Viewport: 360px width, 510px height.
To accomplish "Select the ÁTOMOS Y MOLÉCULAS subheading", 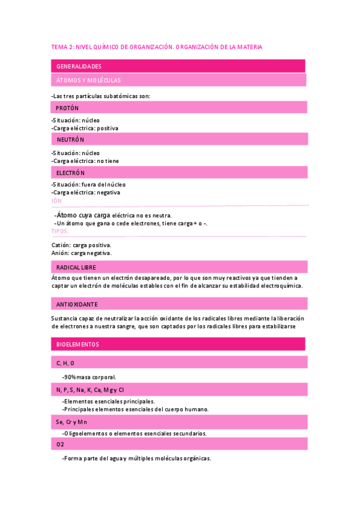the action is [x=88, y=80].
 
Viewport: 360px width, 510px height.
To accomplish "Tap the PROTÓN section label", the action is [x=67, y=108].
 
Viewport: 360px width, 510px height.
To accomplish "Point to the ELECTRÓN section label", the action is [x=71, y=173].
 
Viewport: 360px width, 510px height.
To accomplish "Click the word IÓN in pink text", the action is [x=56, y=201].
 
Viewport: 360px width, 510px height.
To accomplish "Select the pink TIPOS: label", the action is [x=60, y=231].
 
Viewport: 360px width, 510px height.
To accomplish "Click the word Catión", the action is [x=61, y=245].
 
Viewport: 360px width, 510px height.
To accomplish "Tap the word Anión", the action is [x=61, y=253].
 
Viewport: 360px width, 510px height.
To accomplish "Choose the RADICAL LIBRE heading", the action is [x=76, y=267].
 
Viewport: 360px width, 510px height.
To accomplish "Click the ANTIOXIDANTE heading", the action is [x=77, y=304].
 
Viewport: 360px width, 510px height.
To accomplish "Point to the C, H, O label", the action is [x=66, y=363].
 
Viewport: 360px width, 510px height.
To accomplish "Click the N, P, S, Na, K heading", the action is [x=90, y=390].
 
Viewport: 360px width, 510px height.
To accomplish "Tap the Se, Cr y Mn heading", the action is [x=72, y=422].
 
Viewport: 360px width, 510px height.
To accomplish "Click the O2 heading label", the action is [x=60, y=444].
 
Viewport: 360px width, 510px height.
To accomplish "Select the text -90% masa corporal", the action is [x=89, y=377].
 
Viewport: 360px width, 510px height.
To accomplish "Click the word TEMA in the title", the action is [x=59, y=46].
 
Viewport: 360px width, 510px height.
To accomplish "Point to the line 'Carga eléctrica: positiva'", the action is [x=86, y=128].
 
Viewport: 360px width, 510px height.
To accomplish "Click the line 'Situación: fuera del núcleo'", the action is [x=90, y=185].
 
